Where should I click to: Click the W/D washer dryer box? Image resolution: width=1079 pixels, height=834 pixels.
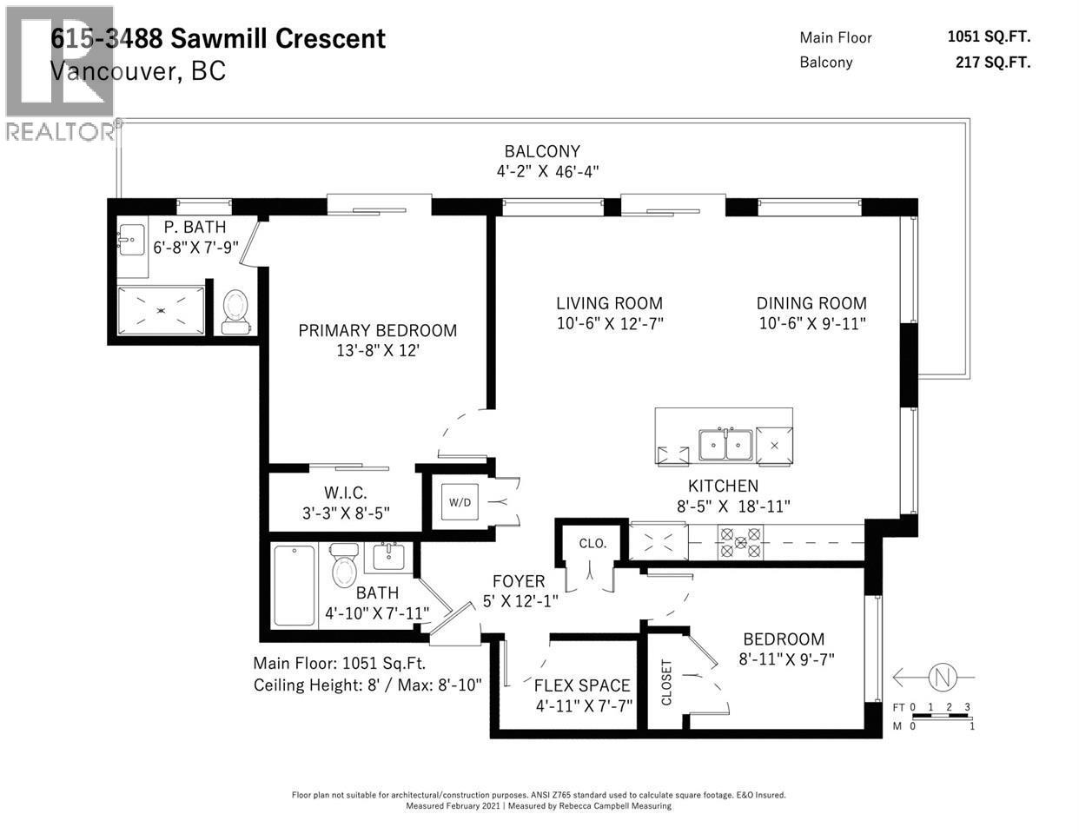coord(460,502)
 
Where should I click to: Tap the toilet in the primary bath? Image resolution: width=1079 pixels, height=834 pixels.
coord(235,311)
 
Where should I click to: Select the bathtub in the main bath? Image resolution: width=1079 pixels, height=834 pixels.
coord(295,586)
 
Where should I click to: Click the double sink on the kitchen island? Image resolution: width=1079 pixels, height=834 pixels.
coord(725,445)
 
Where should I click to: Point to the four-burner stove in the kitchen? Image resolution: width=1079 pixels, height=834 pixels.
coord(740,543)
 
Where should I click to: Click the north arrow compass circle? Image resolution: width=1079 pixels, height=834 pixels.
coord(939,676)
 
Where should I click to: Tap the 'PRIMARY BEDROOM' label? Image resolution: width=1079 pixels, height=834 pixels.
coord(377,330)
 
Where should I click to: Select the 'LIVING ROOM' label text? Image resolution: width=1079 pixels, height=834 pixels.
coord(609,303)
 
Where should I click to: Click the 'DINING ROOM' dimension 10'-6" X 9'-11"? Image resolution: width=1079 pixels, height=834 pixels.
coord(811,323)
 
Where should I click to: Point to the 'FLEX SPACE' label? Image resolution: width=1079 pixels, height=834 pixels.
coord(582,685)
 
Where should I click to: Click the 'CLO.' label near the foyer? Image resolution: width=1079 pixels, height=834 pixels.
coord(592,544)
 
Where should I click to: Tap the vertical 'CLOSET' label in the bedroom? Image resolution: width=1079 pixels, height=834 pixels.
coord(667,682)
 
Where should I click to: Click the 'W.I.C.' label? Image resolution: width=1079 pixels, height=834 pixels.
coord(346,493)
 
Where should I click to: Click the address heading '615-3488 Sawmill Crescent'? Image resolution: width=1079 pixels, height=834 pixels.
coord(217,38)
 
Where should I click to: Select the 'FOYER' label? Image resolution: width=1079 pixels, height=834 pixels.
coord(519,581)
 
